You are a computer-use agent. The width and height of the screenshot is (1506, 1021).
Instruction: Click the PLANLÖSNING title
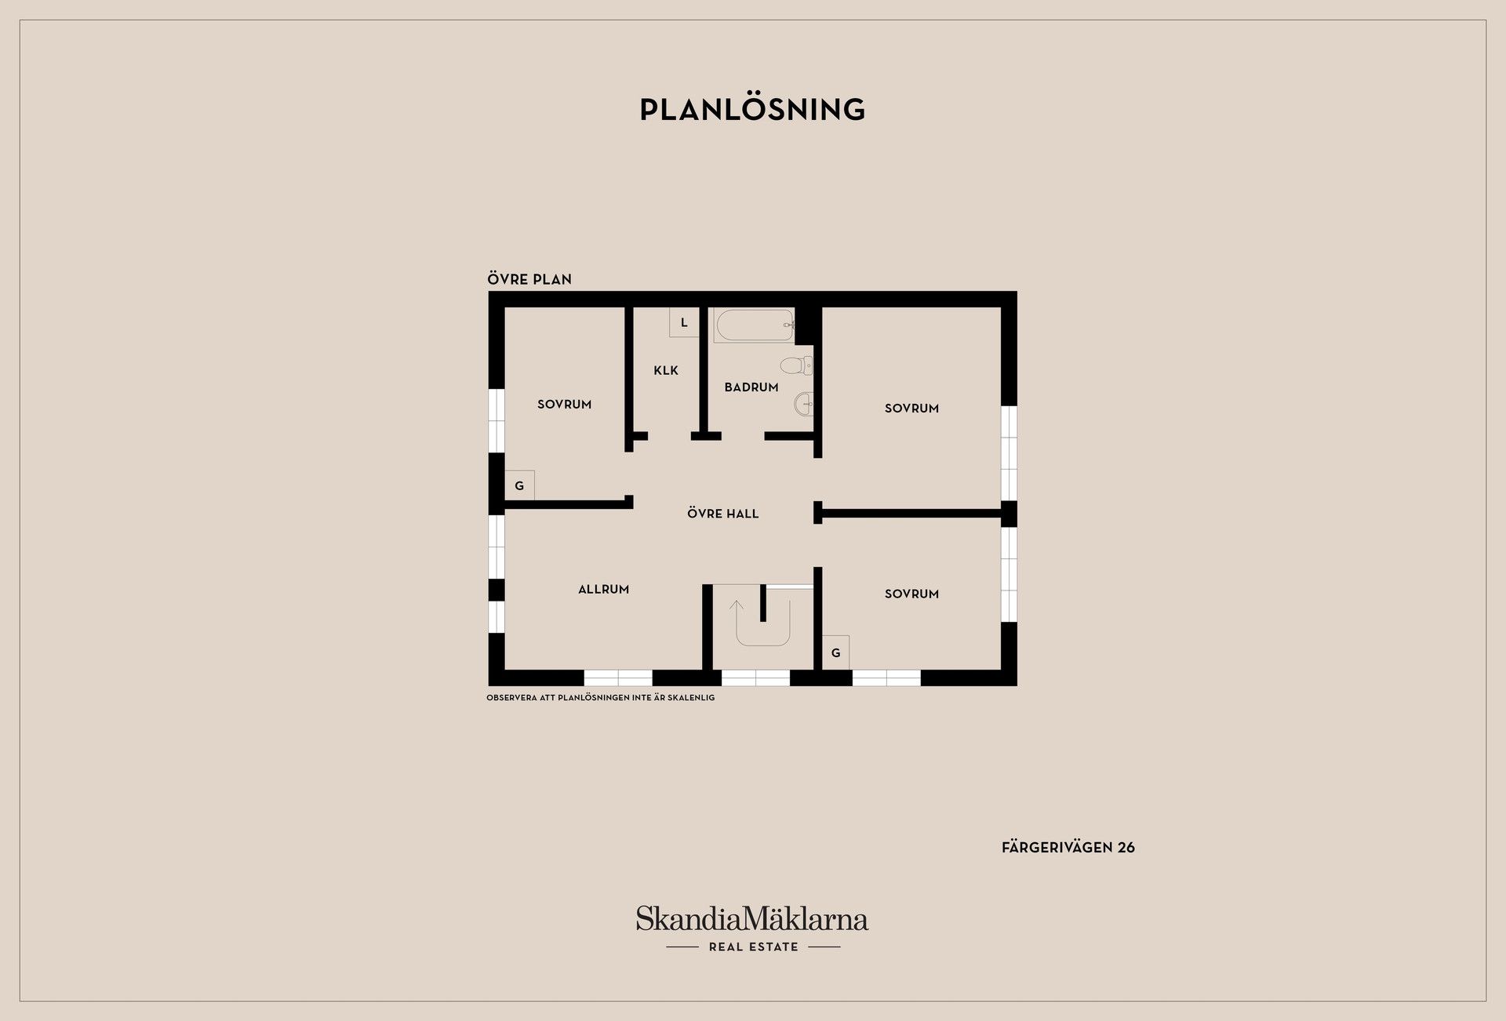tap(752, 109)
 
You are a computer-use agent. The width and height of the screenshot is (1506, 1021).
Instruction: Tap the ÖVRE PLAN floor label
tap(529, 278)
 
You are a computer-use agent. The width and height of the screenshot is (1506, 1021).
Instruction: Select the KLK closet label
tap(666, 370)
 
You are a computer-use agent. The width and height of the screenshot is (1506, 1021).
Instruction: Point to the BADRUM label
tap(751, 387)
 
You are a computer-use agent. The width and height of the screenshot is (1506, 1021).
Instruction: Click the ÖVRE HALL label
tap(723, 514)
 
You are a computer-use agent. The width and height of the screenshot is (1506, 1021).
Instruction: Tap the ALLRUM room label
tap(603, 590)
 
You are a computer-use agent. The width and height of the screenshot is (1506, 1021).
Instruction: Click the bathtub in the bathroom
tap(754, 325)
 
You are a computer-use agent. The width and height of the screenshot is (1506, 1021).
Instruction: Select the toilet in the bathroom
tap(797, 365)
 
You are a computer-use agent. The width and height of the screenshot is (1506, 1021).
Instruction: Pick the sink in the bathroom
tap(804, 405)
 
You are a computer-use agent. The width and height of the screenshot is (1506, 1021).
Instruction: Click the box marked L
tap(684, 322)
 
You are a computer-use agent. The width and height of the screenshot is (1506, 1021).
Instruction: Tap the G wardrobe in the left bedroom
tap(519, 485)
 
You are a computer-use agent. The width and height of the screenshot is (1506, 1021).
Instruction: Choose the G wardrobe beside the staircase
tap(835, 652)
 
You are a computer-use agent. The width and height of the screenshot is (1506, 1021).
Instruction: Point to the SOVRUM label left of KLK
tap(564, 405)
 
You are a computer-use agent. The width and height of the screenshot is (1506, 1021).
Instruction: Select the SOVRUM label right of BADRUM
tap(911, 409)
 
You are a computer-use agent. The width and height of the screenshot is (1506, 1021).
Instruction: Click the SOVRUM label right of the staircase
tap(911, 594)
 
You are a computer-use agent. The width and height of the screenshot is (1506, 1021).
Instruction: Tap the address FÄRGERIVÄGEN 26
tap(1068, 848)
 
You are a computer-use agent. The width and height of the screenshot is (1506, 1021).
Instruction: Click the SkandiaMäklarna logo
tap(752, 919)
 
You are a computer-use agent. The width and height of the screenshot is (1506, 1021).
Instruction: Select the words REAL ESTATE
tap(753, 947)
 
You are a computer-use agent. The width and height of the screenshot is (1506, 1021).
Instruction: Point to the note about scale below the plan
tap(601, 698)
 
